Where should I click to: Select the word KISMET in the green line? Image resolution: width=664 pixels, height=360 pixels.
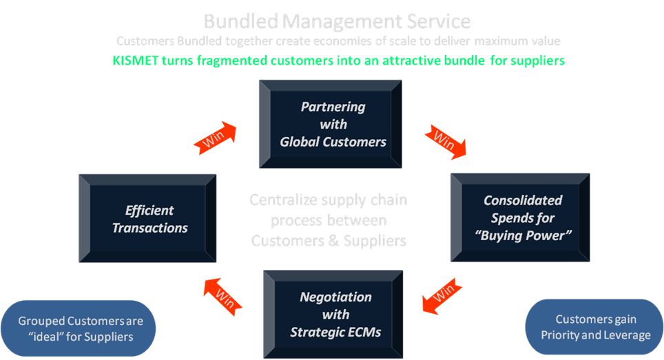136,61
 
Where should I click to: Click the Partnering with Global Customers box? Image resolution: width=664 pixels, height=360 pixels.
333,125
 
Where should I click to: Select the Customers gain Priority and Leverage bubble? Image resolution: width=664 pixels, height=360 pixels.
595,327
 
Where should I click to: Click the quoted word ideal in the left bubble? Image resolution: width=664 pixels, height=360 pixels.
37,337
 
